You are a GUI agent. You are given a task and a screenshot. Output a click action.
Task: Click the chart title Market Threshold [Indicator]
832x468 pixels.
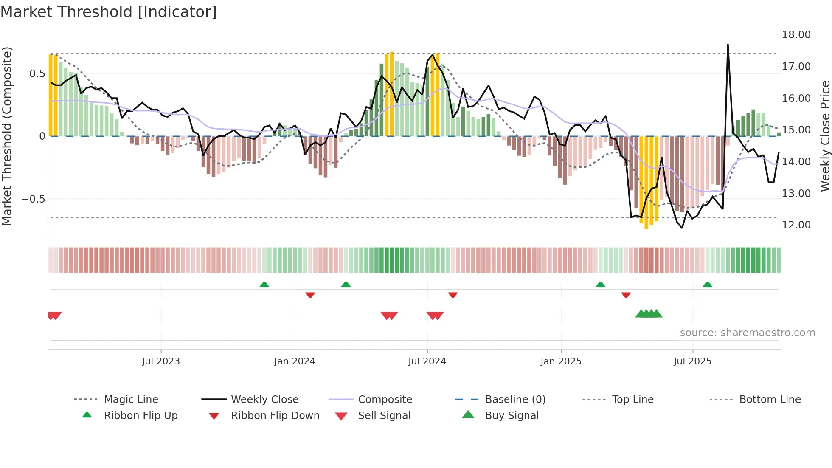click(x=109, y=12)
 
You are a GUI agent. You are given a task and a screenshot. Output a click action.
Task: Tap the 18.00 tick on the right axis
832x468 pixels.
click(x=796, y=35)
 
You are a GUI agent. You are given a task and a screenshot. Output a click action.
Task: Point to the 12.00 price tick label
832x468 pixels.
click(x=796, y=225)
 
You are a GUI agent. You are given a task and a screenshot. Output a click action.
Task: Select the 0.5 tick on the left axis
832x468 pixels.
click(x=37, y=74)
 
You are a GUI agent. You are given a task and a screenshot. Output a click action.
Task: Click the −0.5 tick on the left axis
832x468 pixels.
click(x=34, y=199)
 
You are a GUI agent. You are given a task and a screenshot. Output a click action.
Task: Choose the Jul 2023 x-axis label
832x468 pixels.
click(x=161, y=361)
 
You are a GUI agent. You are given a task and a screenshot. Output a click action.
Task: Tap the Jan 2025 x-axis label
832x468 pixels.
click(x=561, y=361)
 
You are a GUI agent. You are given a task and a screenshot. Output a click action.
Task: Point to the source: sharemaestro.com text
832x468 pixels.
click(x=747, y=333)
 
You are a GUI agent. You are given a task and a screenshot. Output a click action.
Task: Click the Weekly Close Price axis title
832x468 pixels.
click(x=825, y=136)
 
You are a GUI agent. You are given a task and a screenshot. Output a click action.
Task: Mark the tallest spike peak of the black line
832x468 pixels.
click(x=728, y=45)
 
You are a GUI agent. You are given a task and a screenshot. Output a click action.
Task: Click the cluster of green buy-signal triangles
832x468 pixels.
click(x=649, y=314)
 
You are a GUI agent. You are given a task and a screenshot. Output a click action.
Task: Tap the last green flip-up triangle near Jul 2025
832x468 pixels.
click(x=707, y=285)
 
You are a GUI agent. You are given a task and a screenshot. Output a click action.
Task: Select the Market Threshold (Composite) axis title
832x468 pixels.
click(x=7, y=136)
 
